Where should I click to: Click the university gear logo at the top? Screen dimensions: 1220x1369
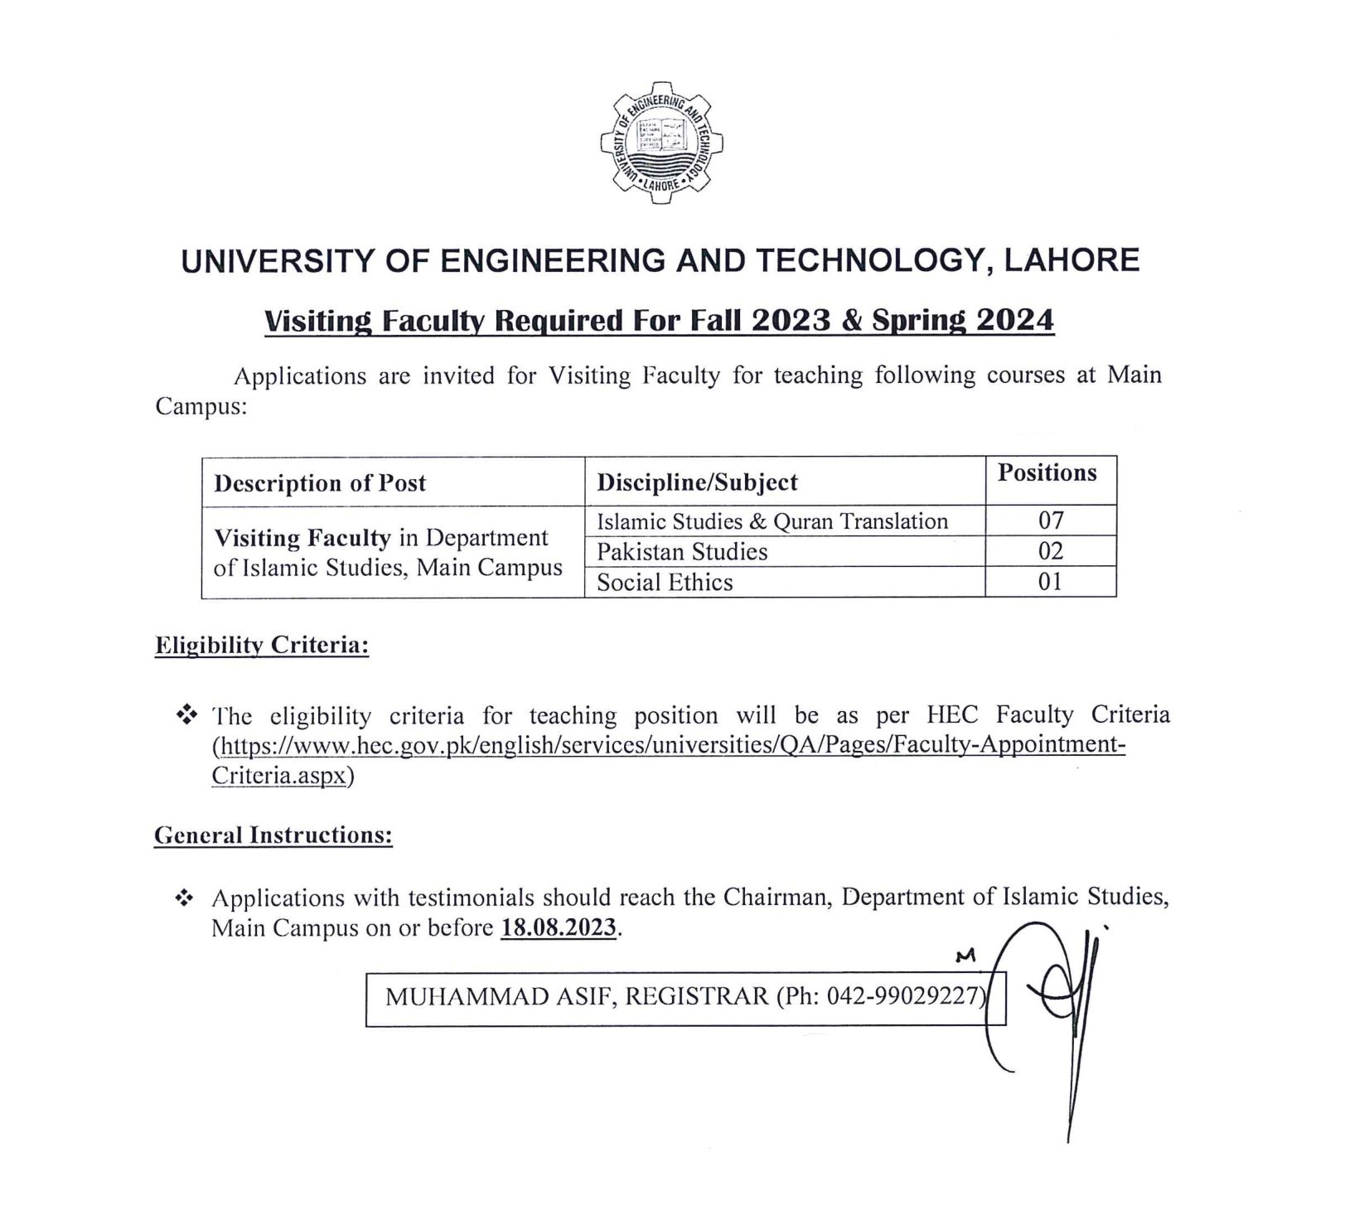(x=660, y=143)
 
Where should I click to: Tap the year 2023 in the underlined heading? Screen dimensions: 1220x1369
(x=791, y=320)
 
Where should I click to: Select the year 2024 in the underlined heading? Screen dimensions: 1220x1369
(x=1014, y=320)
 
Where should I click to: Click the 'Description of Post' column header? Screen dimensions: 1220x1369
(x=320, y=483)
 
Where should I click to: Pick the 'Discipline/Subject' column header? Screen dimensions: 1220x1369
(x=697, y=482)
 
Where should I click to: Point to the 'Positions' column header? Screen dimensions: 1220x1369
(x=1047, y=472)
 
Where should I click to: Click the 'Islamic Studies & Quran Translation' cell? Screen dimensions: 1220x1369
(x=772, y=521)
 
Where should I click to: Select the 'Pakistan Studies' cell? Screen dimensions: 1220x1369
(x=682, y=552)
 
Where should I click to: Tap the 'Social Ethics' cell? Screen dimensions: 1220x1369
(x=665, y=583)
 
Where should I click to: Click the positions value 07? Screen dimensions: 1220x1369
(x=1050, y=521)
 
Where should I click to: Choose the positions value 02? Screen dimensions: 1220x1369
(x=1050, y=552)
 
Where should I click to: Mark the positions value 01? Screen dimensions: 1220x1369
(x=1050, y=582)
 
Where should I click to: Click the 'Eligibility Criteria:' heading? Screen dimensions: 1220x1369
(x=262, y=646)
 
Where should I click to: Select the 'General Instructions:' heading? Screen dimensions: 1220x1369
(x=273, y=835)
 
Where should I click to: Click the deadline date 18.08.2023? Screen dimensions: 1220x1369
(x=559, y=927)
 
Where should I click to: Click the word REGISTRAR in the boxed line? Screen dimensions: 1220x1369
(x=697, y=995)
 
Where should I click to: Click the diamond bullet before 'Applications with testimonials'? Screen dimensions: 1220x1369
(x=186, y=898)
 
